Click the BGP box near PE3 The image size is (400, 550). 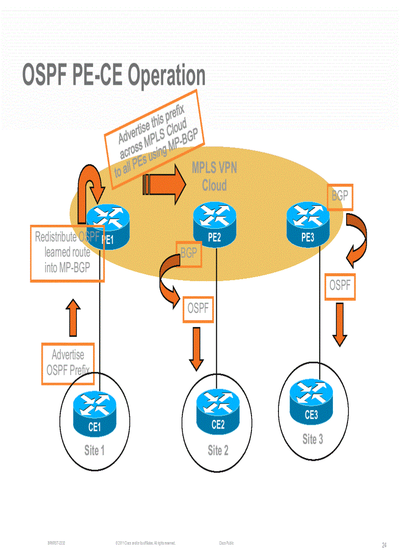(339, 197)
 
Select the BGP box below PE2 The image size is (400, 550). (189, 254)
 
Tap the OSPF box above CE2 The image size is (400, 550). (198, 309)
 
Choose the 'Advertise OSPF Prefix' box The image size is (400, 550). (68, 362)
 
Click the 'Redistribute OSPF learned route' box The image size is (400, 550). (67, 253)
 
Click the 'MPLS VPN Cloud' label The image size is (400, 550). (214, 176)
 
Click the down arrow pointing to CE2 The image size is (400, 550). (196, 349)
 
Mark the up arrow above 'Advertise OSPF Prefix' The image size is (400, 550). (73, 317)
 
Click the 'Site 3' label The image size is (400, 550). (312, 439)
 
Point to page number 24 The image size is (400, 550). (384, 545)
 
